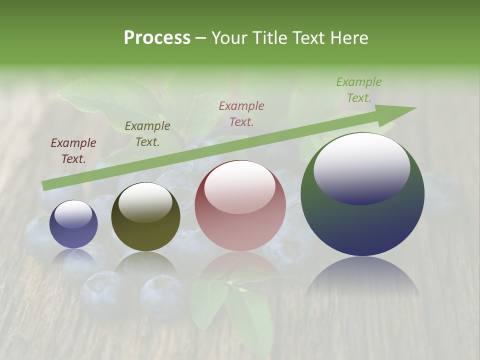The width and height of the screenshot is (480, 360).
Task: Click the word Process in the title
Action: click(157, 38)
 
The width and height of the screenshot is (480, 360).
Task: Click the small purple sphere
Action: click(73, 224)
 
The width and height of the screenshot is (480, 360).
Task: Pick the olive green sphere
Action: click(145, 216)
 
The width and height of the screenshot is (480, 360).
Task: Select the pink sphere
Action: click(240, 205)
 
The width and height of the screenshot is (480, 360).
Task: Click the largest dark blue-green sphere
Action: click(362, 194)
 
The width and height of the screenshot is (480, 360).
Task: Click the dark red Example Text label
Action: click(73, 151)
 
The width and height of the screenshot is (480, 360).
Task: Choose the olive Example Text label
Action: click(147, 134)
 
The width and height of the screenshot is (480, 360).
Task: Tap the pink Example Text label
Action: click(241, 113)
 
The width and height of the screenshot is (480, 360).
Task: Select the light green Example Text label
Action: click(359, 90)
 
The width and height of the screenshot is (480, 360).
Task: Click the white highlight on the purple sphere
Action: click(73, 214)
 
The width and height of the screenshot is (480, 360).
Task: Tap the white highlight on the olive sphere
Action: click(145, 201)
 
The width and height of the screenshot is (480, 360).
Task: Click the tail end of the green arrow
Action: click(46, 186)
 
